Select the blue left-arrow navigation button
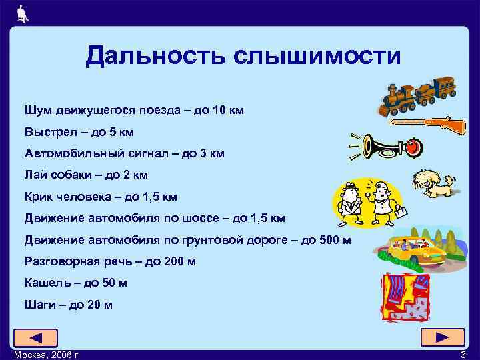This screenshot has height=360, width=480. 35,338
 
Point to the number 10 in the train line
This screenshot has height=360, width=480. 219,109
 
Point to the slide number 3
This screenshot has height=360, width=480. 463,355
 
